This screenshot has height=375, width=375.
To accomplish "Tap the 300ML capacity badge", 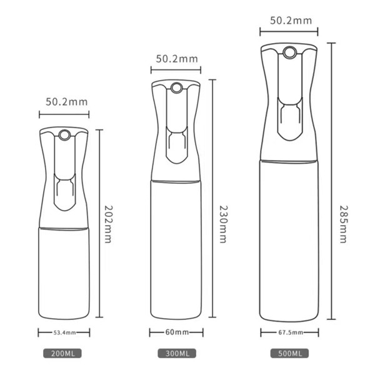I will (176, 354).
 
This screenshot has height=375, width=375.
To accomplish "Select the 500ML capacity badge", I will (289, 354).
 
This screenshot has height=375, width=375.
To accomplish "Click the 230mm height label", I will (221, 223).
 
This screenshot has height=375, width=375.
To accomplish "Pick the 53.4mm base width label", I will (63, 333).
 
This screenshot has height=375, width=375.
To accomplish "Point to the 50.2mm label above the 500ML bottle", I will (290, 20).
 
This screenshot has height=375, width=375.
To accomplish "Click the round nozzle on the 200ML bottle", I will (63, 133).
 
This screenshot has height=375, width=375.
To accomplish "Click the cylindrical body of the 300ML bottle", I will (176, 250).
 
